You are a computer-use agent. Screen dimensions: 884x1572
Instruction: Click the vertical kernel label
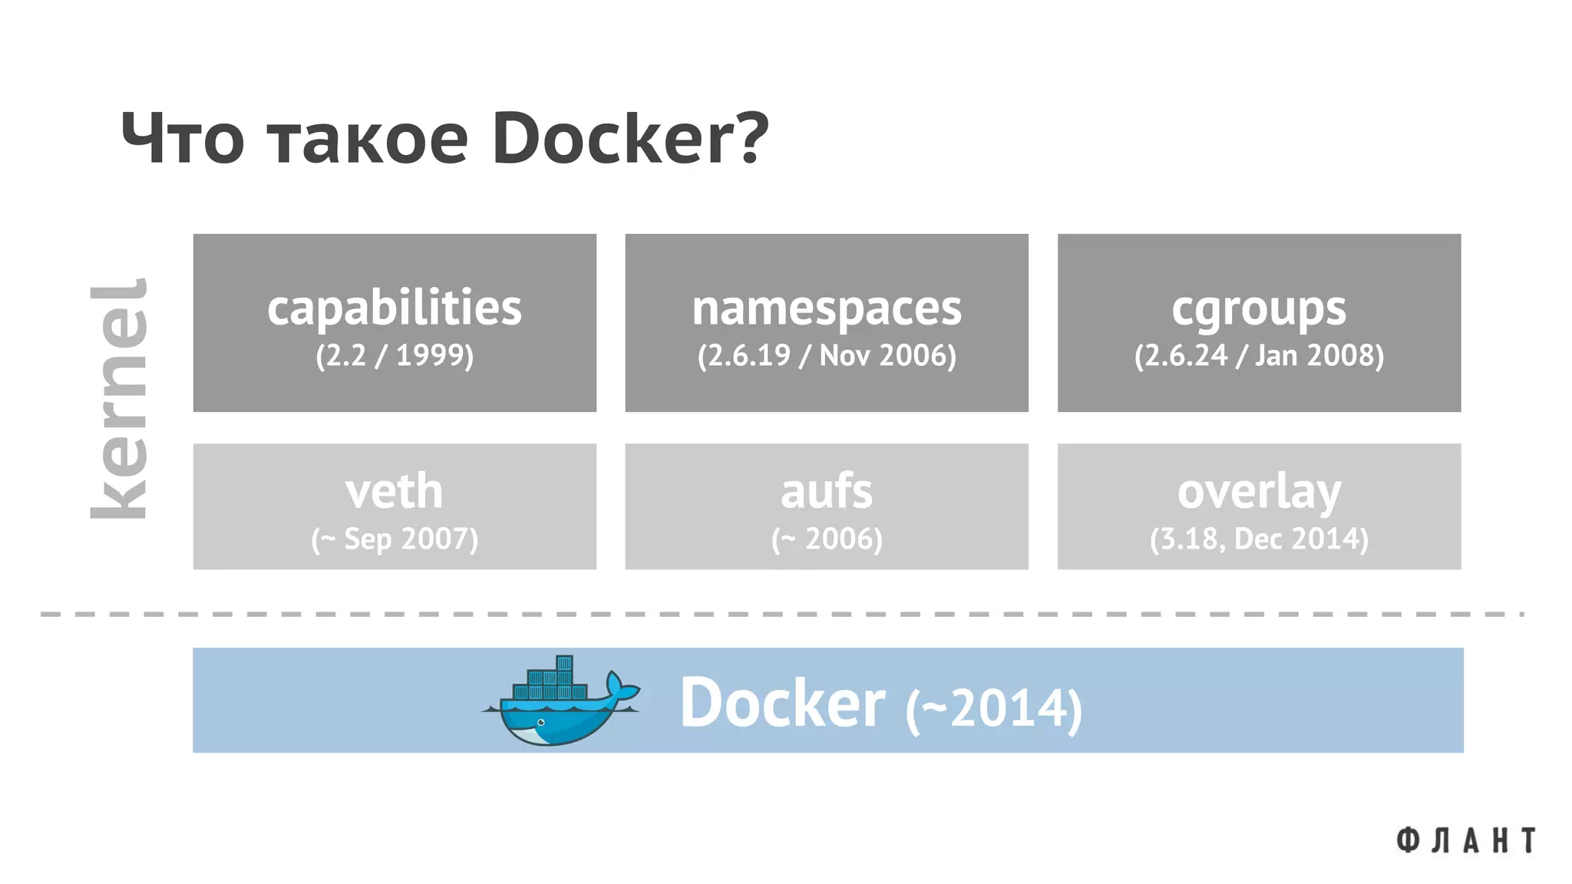click(x=119, y=399)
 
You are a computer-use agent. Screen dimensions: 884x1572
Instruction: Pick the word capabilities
click(x=395, y=308)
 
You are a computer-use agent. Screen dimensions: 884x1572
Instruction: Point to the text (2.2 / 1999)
click(x=395, y=355)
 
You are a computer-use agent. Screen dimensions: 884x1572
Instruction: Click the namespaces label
click(x=827, y=308)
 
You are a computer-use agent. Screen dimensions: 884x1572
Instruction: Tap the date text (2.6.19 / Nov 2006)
click(x=827, y=355)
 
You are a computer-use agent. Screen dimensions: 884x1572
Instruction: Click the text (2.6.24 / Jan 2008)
click(x=1259, y=355)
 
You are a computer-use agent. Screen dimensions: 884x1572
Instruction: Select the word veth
click(x=395, y=491)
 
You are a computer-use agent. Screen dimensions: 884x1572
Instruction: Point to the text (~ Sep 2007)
click(x=395, y=539)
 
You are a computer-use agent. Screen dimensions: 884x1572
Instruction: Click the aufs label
click(x=827, y=491)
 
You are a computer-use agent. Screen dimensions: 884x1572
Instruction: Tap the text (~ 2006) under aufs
click(x=827, y=539)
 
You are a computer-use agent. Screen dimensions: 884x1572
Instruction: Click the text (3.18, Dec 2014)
click(x=1259, y=539)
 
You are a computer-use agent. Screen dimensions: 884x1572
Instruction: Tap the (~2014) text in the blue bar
click(x=993, y=708)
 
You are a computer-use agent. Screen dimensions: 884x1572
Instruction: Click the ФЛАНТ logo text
click(x=1465, y=840)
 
